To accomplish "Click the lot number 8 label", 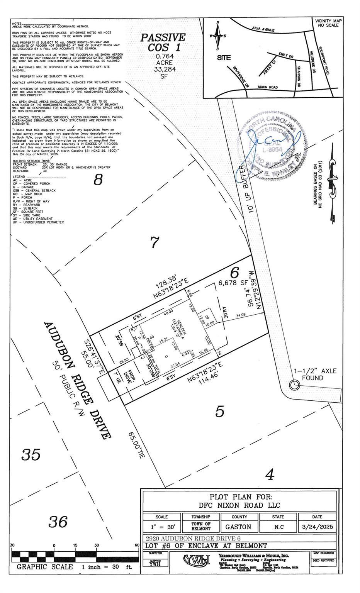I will click(99, 180).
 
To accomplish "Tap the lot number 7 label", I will click(154, 242).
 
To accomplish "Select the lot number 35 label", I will click(31, 454).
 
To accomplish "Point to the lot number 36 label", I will click(58, 522).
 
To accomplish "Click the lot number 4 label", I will click(270, 474).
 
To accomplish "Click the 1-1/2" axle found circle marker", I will click(294, 385).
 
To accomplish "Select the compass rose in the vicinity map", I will click(217, 36).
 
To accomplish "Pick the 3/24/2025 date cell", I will click(318, 527).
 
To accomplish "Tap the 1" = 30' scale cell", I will click(161, 527).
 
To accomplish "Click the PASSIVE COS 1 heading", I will click(163, 42).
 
